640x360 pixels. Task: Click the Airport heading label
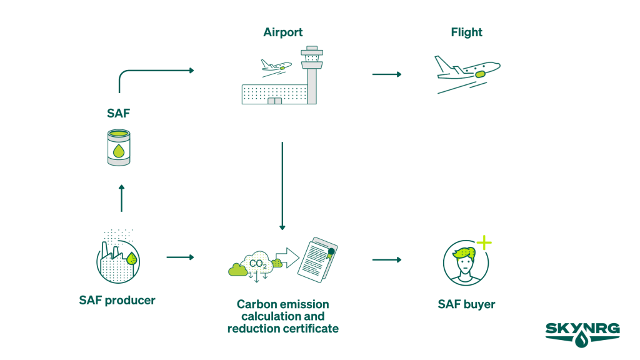tap(282, 32)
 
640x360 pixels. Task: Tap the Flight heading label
tap(466, 32)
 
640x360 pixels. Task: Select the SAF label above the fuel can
tap(118, 113)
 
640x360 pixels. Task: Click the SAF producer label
tap(117, 300)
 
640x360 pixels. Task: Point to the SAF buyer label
tap(466, 304)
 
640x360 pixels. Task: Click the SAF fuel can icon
tap(118, 147)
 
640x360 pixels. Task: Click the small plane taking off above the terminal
tap(274, 66)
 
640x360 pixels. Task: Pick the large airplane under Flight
tap(467, 72)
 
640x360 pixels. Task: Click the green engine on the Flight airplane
tap(481, 74)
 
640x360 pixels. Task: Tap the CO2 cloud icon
tap(256, 262)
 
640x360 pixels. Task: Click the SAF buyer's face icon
tap(464, 262)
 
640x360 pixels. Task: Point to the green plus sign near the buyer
tap(484, 242)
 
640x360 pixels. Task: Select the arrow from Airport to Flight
tap(386, 74)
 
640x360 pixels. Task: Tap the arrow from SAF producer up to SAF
tap(121, 197)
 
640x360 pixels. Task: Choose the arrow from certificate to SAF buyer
tap(386, 259)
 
